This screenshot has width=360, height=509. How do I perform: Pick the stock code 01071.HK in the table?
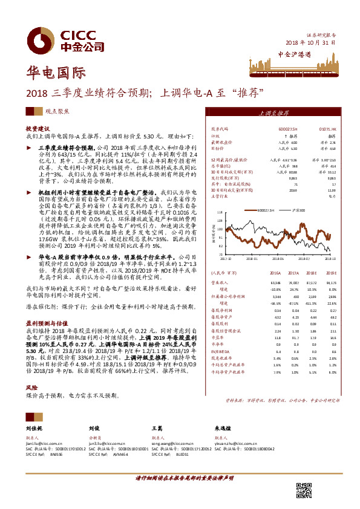[327, 129]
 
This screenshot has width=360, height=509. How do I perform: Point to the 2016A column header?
[277, 273]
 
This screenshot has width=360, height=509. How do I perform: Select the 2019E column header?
[329, 273]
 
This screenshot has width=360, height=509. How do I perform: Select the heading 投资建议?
[38, 129]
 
